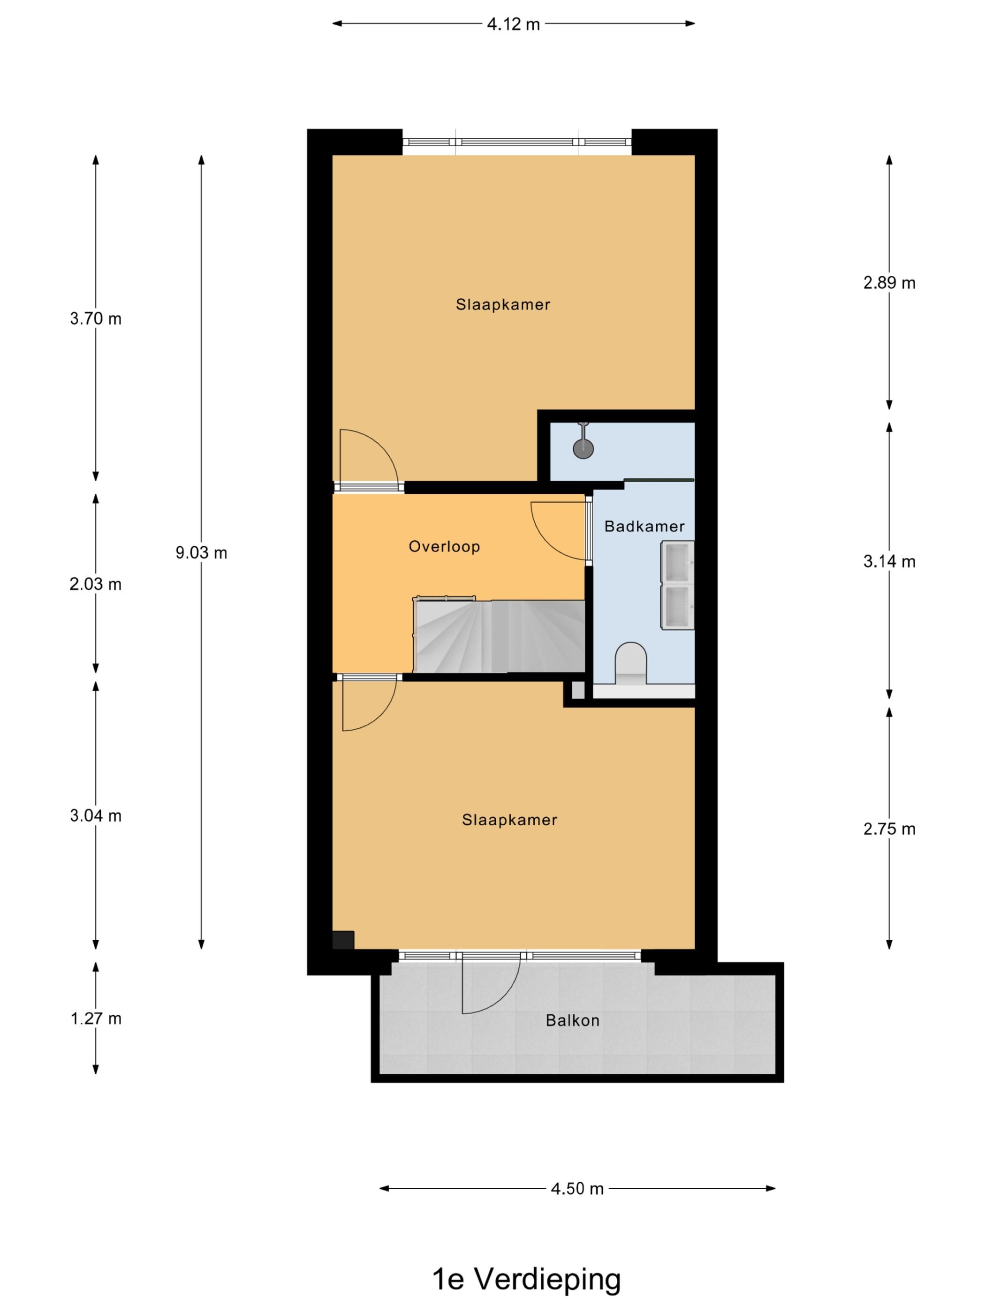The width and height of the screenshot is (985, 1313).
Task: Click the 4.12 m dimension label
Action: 513,24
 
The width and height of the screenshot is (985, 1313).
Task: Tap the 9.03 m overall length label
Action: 201,552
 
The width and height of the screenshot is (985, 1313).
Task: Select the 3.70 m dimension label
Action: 96,319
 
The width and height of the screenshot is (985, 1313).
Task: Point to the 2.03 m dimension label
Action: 96,585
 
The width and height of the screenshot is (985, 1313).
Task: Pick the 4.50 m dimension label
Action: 576,1189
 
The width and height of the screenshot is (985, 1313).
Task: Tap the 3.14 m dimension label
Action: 889,561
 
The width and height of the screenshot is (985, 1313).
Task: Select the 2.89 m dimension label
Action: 889,283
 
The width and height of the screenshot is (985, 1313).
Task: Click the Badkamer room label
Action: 644,527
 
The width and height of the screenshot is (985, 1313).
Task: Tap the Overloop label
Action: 444,547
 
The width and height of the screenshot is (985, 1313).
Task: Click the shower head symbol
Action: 583,449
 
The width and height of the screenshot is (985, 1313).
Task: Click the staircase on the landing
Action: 499,636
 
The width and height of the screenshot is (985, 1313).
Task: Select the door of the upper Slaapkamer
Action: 368,458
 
